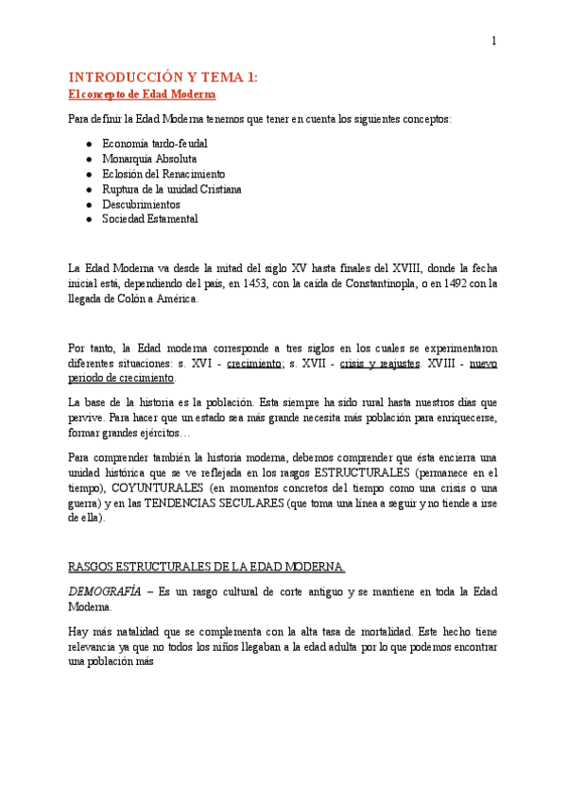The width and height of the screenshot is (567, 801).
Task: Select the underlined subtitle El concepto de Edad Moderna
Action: pos(143,94)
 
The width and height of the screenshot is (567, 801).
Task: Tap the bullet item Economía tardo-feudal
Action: pos(155,144)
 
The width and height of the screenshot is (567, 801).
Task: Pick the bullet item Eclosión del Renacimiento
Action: pos(163,174)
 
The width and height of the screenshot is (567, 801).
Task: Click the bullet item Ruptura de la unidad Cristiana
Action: pos(171,189)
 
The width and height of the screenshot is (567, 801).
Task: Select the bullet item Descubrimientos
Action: pos(141,204)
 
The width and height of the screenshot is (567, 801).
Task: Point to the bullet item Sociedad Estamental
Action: pos(150,219)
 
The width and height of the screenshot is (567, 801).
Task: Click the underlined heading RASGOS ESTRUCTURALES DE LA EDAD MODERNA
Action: pos(207,567)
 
